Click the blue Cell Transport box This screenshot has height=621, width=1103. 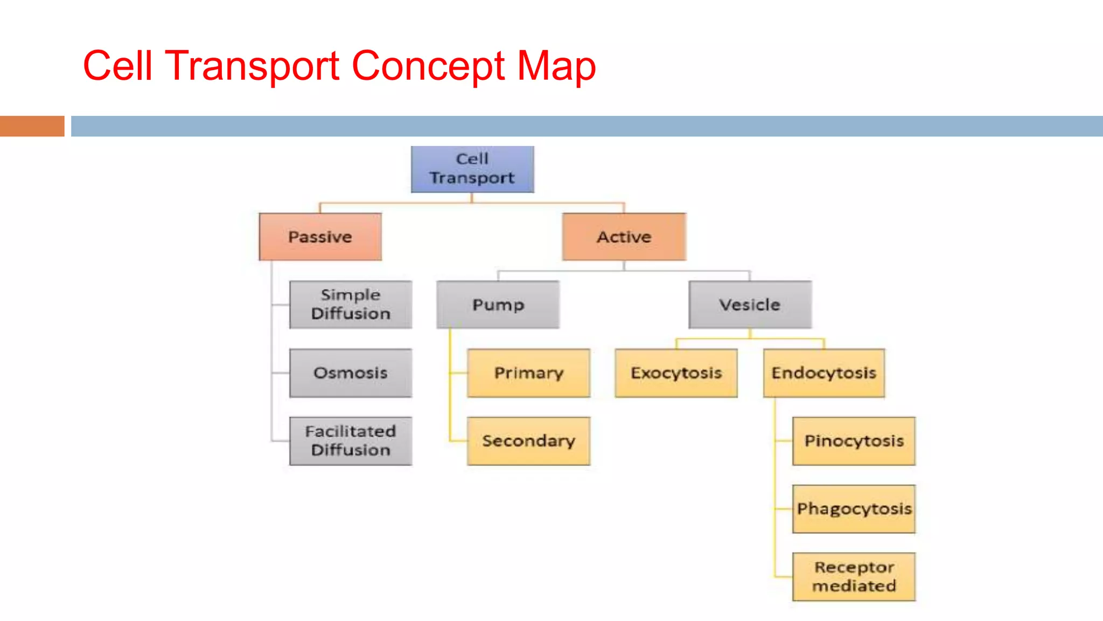[472, 169]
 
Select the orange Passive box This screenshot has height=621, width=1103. [320, 237]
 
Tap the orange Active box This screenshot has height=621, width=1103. [624, 237]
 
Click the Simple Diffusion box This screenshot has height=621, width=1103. [351, 305]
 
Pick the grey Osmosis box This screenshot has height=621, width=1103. [351, 373]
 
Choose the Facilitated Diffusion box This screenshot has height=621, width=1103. [351, 441]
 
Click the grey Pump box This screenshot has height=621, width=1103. [498, 305]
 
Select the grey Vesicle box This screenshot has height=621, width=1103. [750, 305]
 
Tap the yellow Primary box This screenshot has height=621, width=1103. [528, 373]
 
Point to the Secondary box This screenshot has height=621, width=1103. [528, 441]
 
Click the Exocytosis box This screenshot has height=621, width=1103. [676, 373]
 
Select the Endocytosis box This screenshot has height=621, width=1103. [823, 373]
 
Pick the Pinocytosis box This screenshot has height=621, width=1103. [854, 441]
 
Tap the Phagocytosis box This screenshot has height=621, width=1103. [854, 509]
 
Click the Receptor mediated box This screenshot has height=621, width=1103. [854, 577]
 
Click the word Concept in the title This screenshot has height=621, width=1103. [428, 66]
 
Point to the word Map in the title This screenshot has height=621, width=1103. [556, 66]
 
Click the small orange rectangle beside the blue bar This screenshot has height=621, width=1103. [32, 126]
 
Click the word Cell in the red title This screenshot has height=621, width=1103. [117, 66]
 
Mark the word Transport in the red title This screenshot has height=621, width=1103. [252, 66]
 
